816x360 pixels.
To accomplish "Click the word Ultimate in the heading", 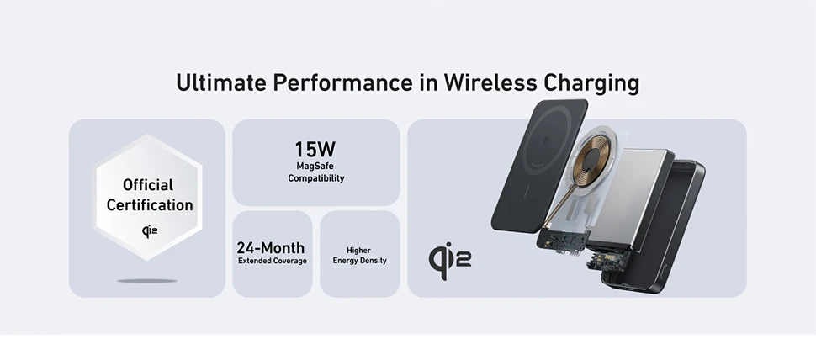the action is [220, 82].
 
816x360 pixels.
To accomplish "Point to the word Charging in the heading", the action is [591, 83].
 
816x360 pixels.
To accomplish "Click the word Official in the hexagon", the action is [148, 185].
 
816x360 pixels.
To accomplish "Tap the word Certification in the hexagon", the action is [150, 205].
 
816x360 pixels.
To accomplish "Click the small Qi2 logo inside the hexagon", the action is [150, 231].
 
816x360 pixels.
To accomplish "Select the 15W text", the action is [315, 150].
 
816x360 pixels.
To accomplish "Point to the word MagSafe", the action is [315, 166].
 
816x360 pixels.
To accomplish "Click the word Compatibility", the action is [316, 178].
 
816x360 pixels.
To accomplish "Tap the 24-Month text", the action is [271, 247].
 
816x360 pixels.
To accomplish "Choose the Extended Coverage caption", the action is [273, 261].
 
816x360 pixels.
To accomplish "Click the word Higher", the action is [358, 250].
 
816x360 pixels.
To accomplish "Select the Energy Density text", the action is [359, 261].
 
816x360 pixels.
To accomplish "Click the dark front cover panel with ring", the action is [540, 166].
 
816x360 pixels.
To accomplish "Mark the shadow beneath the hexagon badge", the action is [147, 281].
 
